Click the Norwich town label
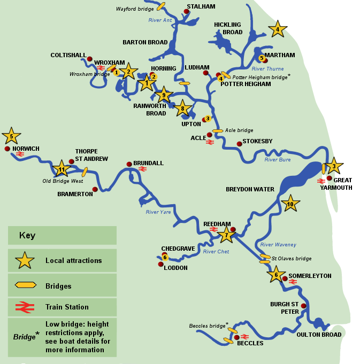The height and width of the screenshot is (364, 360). click(x=26, y=149)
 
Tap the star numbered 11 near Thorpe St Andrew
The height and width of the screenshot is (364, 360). click(x=62, y=169)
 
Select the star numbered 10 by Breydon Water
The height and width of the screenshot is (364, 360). click(x=290, y=204)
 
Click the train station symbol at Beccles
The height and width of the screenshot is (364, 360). click(x=245, y=337)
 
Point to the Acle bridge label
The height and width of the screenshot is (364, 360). click(x=239, y=130)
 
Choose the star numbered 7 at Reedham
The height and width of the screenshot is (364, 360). click(x=226, y=234)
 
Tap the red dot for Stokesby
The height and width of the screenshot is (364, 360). click(x=239, y=144)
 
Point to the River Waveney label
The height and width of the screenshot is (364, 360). click(x=278, y=245)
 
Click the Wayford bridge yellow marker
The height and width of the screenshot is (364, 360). click(x=160, y=6)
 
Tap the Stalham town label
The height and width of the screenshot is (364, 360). click(x=201, y=6)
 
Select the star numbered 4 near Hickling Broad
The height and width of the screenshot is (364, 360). click(x=277, y=29)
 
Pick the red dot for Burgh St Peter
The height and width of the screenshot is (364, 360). click(x=303, y=306)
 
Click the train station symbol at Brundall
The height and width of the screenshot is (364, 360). click(x=142, y=169)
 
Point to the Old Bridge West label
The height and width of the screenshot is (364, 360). click(x=63, y=181)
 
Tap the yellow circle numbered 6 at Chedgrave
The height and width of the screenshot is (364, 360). click(x=165, y=257)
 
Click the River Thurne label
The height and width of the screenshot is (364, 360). click(x=267, y=69)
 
